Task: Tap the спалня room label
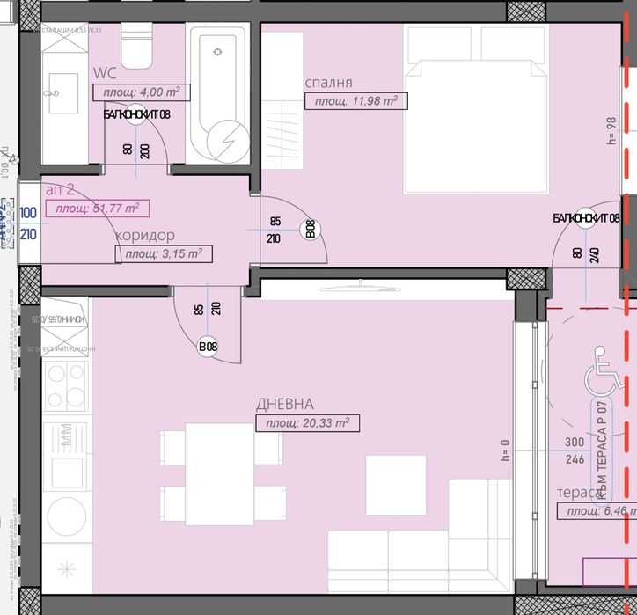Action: pyautogui.click(x=328, y=83)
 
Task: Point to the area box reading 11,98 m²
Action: pyautogui.click(x=351, y=101)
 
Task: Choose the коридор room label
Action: pyautogui.click(x=144, y=236)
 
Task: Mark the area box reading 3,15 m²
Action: pyautogui.click(x=164, y=254)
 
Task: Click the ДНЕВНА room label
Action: pyautogui.click(x=284, y=404)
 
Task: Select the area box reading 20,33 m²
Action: pyautogui.click(x=307, y=423)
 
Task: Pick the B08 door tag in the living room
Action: pyautogui.click(x=208, y=347)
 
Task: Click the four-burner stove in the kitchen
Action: pyautogui.click(x=65, y=389)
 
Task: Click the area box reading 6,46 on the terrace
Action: pyautogui.click(x=601, y=512)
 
